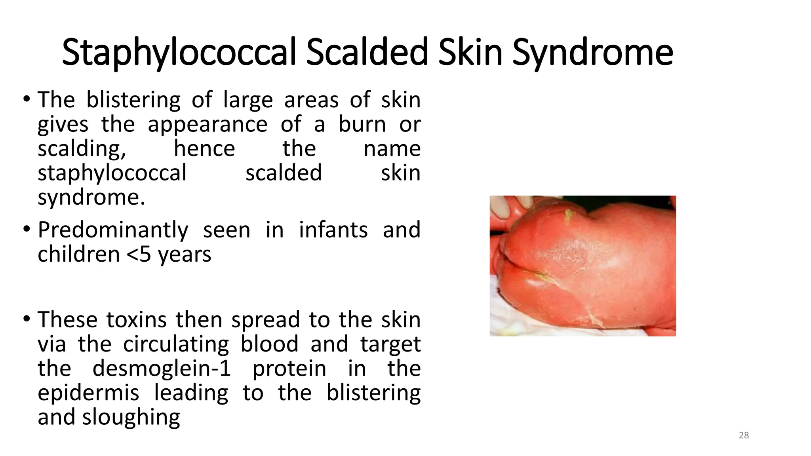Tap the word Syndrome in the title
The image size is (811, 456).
point(592,52)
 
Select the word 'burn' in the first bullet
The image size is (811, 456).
point(362,124)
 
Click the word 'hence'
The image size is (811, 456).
point(204,148)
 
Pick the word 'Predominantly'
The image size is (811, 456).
point(113,230)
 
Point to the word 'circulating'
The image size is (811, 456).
point(176,344)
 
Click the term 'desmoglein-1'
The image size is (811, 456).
point(162,369)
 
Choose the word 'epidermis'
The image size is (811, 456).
point(88,393)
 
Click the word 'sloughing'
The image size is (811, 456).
point(131,418)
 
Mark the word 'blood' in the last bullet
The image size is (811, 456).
point(269,344)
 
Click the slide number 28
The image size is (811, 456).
point(744,435)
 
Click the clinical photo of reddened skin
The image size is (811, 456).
point(583,266)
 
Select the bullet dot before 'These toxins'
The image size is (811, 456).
point(27,319)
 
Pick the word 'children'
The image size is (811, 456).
point(78,254)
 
